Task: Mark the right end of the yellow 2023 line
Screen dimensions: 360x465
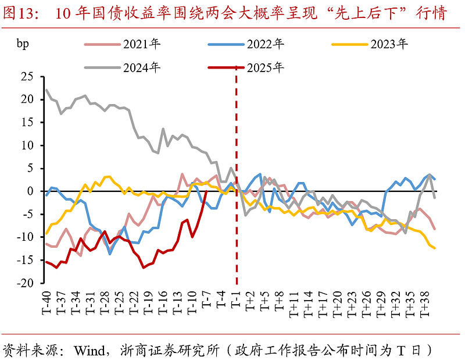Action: tap(435, 248)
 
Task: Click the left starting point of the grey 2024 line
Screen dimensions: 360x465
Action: tap(46, 90)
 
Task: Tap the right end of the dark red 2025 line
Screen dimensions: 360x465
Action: tap(207, 191)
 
